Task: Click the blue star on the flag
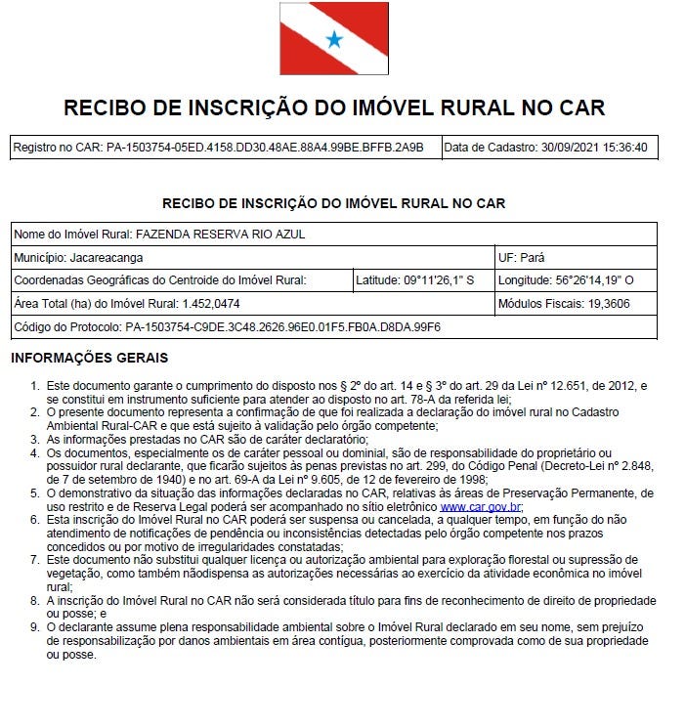click(334, 39)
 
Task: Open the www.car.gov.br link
click(481, 508)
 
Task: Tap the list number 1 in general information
click(35, 387)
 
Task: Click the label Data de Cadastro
click(490, 148)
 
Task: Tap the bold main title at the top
click(334, 107)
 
